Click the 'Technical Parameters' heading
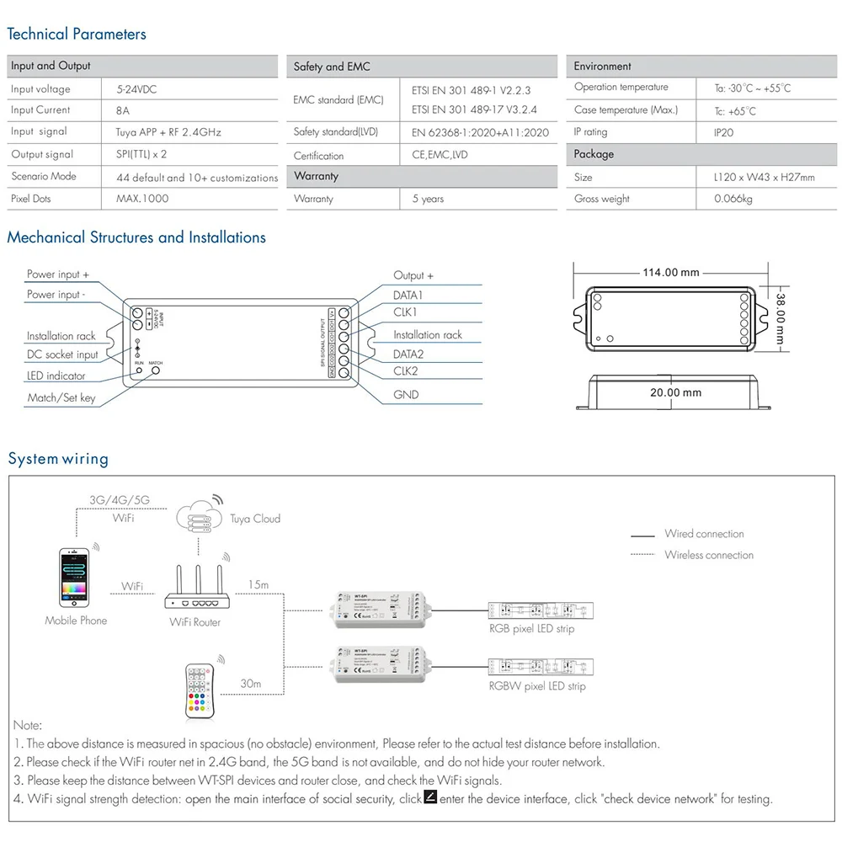(77, 35)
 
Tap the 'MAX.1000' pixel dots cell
(142, 199)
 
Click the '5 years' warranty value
(428, 199)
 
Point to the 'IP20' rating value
(723, 132)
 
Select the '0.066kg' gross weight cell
(733, 199)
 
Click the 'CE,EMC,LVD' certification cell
(440, 155)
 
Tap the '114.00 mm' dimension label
(671, 272)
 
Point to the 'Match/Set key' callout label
(61, 397)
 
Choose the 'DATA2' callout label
(408, 354)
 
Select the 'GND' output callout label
(406, 394)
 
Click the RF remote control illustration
(202, 690)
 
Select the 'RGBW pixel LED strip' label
(537, 686)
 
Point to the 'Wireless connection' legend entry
(708, 555)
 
